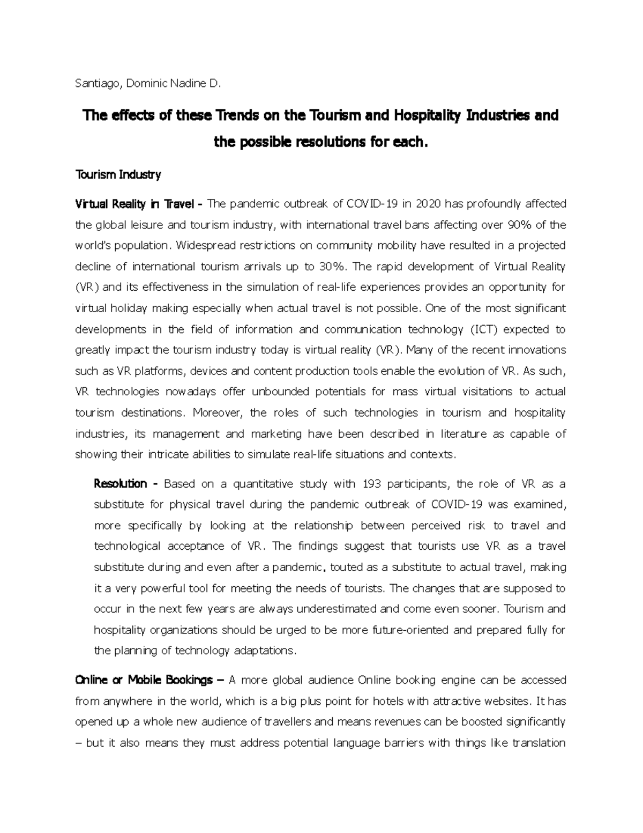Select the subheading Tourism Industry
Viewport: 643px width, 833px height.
tap(118, 174)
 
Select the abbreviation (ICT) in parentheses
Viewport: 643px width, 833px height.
tap(483, 329)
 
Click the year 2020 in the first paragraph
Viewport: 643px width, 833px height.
tap(429, 204)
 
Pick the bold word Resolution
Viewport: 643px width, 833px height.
tap(120, 484)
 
